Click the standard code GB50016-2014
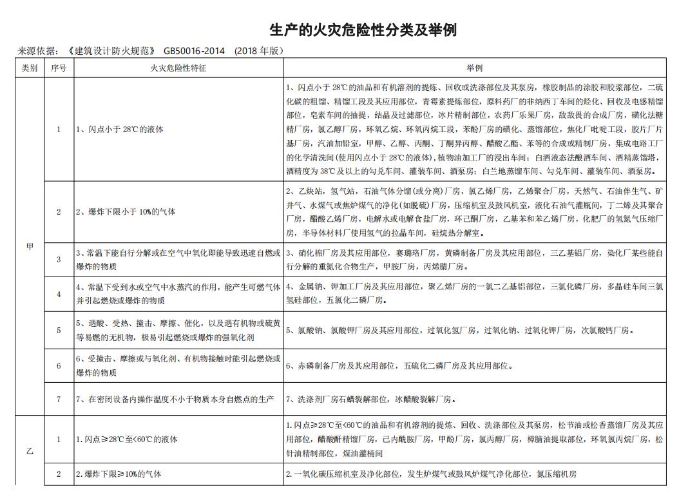point(194,51)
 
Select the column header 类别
point(30,68)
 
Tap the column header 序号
point(59,68)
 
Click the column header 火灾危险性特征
point(178,68)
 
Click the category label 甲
point(30,247)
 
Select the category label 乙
point(30,451)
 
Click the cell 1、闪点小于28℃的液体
point(120,130)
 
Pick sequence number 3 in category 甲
point(59,260)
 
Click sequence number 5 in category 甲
point(59,331)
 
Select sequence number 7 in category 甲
point(59,400)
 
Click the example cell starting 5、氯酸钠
point(460,331)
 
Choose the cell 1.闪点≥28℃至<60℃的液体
point(127,440)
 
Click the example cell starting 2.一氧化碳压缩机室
point(431,474)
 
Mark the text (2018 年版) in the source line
point(259,51)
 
